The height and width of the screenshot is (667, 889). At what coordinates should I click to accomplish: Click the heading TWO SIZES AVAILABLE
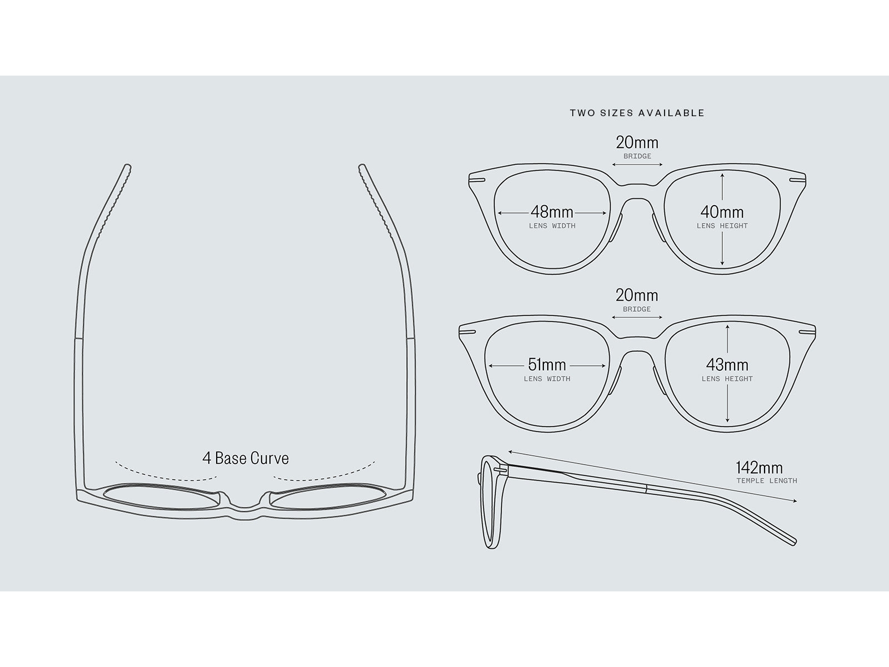point(637,113)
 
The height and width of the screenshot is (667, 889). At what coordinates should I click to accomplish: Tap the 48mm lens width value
point(552,212)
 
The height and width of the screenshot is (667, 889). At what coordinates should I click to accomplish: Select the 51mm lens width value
point(547,365)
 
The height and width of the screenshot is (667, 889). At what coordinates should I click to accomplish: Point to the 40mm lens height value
point(722,212)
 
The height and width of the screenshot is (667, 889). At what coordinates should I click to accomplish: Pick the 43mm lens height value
point(727,365)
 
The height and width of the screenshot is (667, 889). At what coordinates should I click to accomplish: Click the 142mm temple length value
point(760,468)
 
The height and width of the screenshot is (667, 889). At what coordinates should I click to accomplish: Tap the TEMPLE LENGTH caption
point(767,481)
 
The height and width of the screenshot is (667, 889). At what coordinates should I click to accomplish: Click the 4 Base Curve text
point(246,458)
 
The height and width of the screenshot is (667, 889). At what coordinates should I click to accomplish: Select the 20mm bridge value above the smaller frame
point(637,142)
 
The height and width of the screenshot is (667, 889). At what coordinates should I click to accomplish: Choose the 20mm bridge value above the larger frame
point(637,296)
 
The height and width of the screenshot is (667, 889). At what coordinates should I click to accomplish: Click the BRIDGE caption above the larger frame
point(637,310)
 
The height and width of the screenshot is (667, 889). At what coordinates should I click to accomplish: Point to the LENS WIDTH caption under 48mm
point(552,226)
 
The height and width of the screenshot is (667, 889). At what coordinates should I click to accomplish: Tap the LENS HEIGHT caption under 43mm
point(727,379)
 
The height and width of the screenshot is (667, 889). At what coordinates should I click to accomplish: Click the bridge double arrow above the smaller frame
point(637,165)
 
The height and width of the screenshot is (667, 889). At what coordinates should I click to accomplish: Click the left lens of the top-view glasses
point(162,496)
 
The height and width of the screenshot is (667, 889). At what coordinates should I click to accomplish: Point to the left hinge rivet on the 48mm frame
point(477,180)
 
